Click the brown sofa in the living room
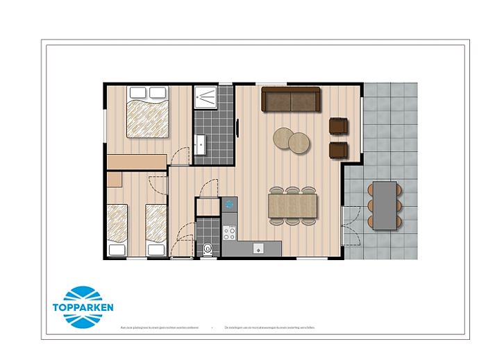tap(290, 99)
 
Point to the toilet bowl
tap(208, 248)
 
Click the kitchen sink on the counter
tap(258, 248)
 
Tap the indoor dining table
tap(292, 206)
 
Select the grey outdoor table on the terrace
tap(385, 205)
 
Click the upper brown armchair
tap(337, 126)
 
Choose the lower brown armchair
tap(337, 149)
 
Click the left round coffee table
tap(285, 137)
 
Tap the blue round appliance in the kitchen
tap(230, 204)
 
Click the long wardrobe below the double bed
tap(137, 161)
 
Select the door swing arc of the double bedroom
tap(179, 156)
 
